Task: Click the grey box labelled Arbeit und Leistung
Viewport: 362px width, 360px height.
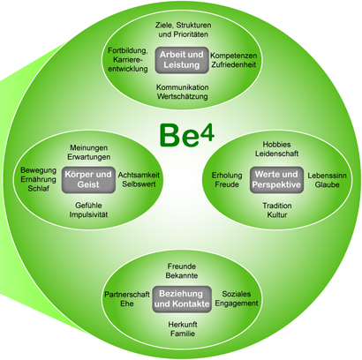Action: pos(182,60)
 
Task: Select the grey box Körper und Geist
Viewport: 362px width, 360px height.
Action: pos(88,180)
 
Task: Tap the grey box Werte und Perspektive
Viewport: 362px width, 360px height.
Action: pos(276,180)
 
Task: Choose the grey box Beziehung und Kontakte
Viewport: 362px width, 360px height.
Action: pos(182,299)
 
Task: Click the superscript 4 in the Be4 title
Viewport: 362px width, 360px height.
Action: pos(207,133)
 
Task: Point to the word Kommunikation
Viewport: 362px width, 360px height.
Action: pos(183,87)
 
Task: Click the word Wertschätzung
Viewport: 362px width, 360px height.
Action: pos(183,96)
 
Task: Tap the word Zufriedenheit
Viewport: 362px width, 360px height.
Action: pos(234,64)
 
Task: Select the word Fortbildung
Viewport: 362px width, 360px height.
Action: pos(127,51)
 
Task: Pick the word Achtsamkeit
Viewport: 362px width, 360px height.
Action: pos(139,175)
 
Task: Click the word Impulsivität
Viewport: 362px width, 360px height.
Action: pos(88,214)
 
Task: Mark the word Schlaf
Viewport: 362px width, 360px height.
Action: pos(38,189)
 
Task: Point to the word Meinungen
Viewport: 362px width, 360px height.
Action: pos(88,147)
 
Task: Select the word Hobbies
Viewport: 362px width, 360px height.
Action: pos(276,145)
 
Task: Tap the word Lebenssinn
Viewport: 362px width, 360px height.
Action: pos(327,176)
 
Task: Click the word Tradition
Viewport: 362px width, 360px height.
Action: pos(277,206)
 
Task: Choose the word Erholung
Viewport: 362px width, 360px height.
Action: pos(227,176)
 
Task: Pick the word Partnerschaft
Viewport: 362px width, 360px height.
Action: pos(127,295)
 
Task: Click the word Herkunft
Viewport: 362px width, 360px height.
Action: pos(183,325)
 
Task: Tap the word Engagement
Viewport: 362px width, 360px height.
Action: pos(237,304)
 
